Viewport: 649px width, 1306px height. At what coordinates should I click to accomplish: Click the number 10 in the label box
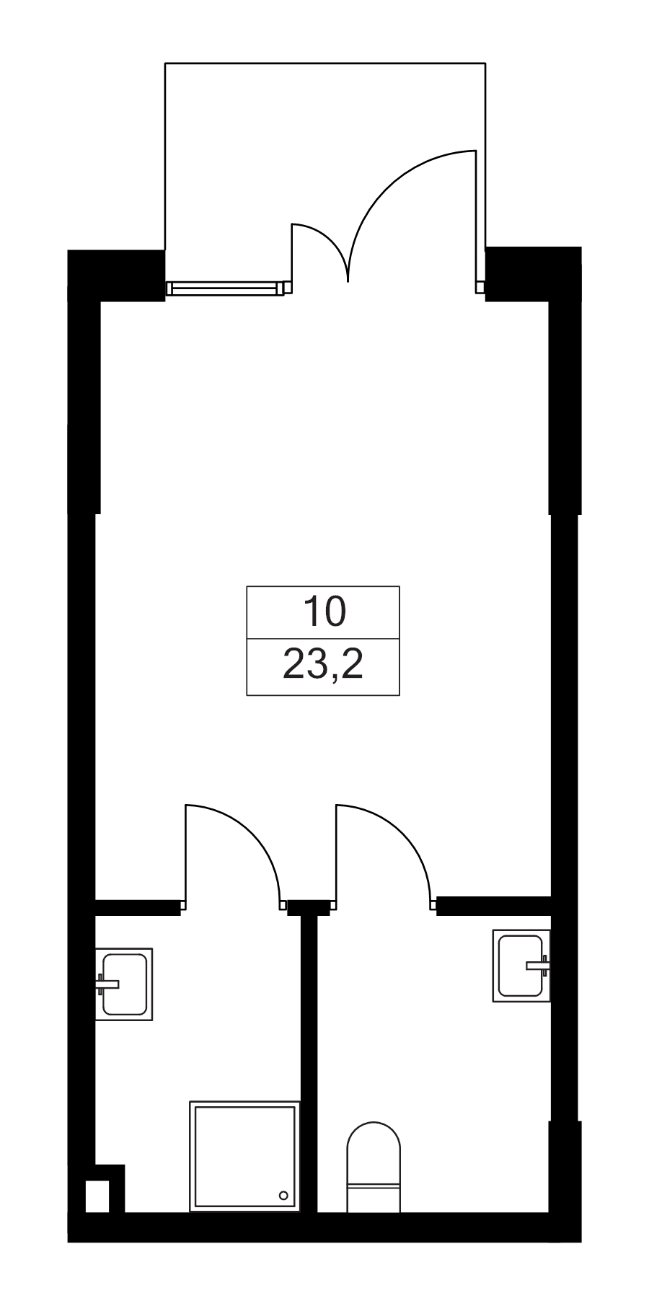[x=324, y=612]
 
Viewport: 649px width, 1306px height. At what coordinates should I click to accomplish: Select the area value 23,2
[x=322, y=666]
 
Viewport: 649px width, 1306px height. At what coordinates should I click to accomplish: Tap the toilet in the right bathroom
[x=373, y=1167]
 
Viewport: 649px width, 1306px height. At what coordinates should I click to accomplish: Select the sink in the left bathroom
[x=124, y=984]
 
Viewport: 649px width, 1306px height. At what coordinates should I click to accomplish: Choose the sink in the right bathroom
[x=521, y=966]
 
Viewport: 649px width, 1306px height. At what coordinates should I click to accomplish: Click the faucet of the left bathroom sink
[x=107, y=982]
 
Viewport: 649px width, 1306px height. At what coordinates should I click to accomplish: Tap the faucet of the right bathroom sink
[x=538, y=963]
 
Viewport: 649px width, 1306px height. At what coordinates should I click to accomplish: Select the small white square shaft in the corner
[x=97, y=1196]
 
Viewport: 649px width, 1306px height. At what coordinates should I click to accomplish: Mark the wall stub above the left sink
[x=138, y=906]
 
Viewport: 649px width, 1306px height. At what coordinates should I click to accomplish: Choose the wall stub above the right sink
[x=494, y=906]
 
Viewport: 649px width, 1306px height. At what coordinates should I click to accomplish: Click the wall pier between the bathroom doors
[x=309, y=906]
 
